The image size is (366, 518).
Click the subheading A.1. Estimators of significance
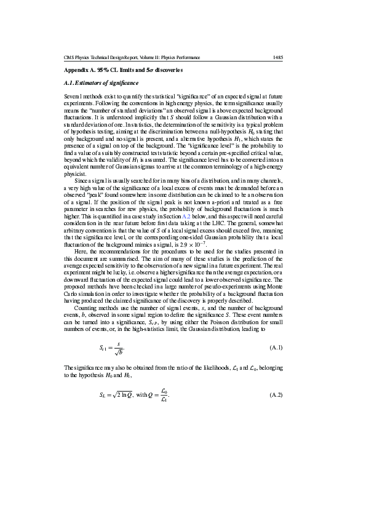(101, 82)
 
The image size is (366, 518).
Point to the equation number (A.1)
(276, 348)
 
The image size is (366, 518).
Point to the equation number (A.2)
(276, 394)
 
